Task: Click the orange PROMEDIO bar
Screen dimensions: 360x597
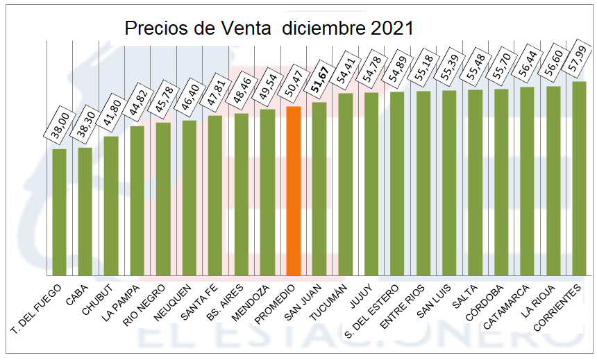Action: click(293, 191)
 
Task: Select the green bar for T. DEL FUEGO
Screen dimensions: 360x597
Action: click(59, 212)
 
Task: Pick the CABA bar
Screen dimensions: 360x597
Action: click(85, 211)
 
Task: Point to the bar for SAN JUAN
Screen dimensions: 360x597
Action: click(319, 189)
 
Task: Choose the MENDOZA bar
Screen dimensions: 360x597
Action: click(267, 192)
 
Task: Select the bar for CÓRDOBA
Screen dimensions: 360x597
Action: click(501, 182)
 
